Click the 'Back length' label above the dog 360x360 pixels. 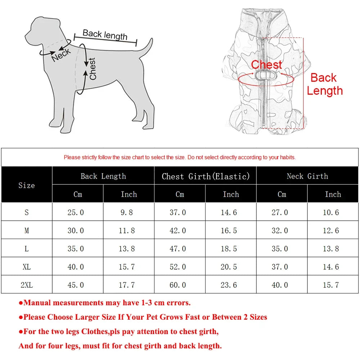click(105, 35)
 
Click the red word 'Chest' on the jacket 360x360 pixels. click(266, 65)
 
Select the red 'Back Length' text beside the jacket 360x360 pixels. click(324, 84)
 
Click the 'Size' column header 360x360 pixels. click(27, 185)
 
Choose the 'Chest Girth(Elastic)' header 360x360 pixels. click(206, 176)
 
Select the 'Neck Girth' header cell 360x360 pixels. click(307, 176)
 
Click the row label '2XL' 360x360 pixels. click(27, 285)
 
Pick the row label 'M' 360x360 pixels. click(27, 230)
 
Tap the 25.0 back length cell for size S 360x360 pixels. click(76, 212)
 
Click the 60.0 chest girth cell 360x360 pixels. click(178, 285)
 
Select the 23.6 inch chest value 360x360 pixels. click(229, 285)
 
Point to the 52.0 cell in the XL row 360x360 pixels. click(178, 267)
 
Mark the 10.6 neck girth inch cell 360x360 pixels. click(331, 212)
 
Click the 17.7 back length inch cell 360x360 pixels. click(127, 285)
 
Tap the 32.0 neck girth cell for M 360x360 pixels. click(280, 230)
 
